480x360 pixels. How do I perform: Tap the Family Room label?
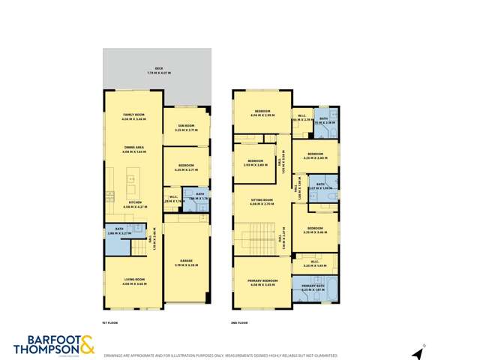click(134, 116)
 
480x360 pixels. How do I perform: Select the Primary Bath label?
click(313, 286)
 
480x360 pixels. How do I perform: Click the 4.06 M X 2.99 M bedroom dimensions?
click(262, 115)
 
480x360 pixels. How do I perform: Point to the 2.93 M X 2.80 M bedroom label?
click(255, 163)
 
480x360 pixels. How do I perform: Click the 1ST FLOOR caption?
click(111, 322)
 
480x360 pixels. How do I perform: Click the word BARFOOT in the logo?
click(42, 338)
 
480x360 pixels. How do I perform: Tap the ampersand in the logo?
click(87, 345)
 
